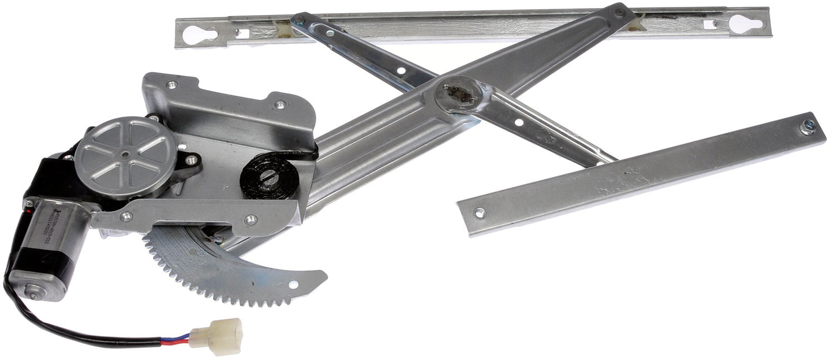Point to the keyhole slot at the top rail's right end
(744, 24)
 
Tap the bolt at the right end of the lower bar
(808, 126)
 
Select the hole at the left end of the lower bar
(479, 212)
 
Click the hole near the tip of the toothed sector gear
(293, 284)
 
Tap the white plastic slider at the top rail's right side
(636, 21)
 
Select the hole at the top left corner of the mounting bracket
(171, 85)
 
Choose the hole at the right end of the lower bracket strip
(250, 219)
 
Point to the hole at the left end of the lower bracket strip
(125, 217)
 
